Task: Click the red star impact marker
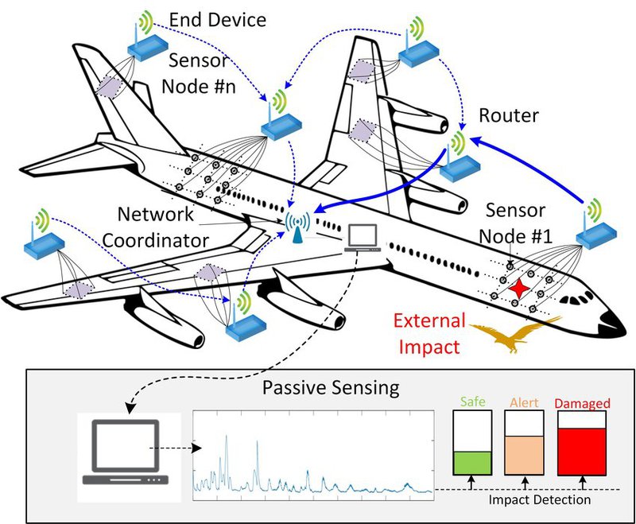pyautogui.click(x=521, y=288)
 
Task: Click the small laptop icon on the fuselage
pyautogui.click(x=363, y=237)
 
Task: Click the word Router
pyautogui.click(x=508, y=116)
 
